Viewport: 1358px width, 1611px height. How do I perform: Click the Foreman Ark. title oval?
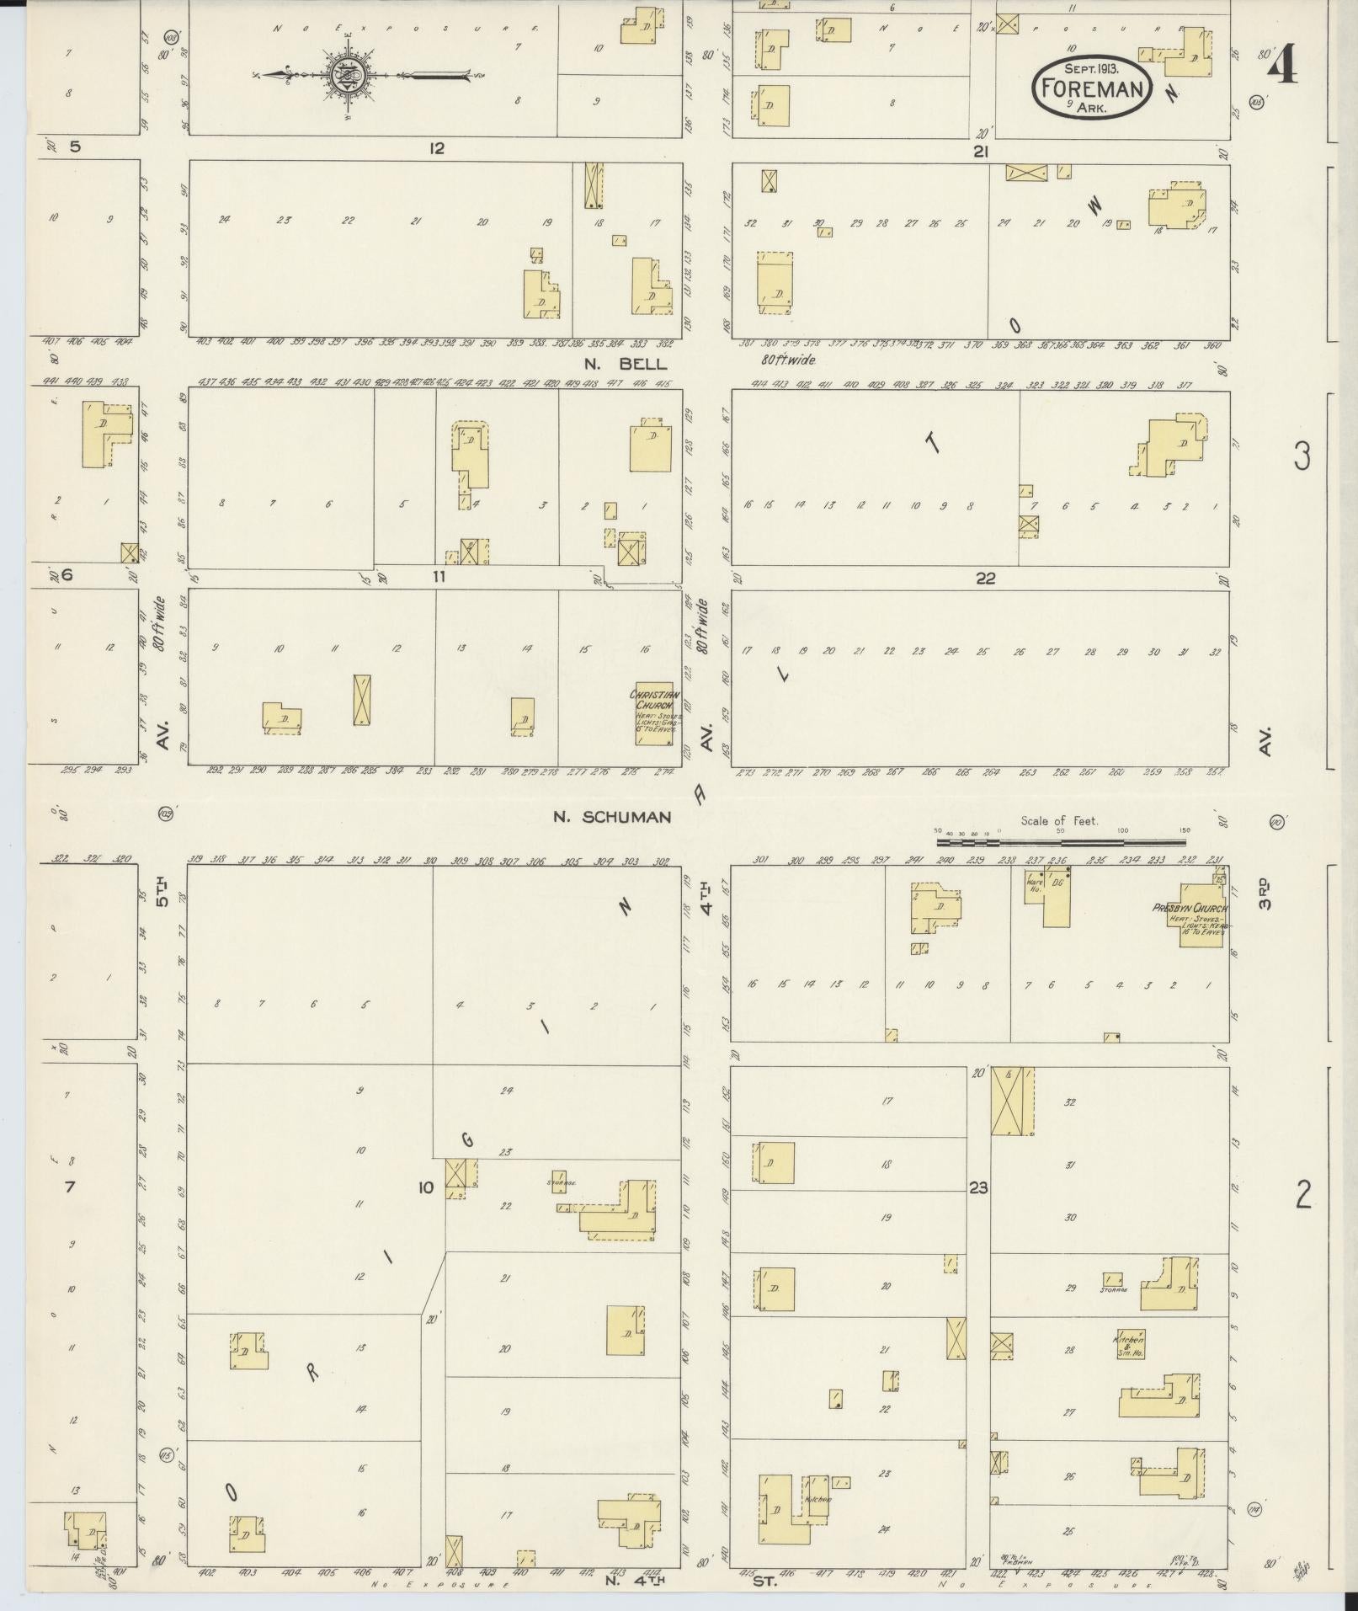[1092, 87]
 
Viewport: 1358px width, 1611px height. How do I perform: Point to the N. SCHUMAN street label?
[612, 817]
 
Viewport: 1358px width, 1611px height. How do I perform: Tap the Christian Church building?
[654, 712]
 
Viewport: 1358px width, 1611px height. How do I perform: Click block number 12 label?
[435, 149]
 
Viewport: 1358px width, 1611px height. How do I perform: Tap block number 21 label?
[980, 152]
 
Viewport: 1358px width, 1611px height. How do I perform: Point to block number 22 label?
[985, 579]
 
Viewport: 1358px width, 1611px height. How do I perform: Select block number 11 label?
[438, 577]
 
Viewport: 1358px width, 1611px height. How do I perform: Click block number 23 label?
[977, 1188]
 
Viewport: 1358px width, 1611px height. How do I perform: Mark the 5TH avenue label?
[162, 893]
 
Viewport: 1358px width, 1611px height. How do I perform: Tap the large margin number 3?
[1302, 456]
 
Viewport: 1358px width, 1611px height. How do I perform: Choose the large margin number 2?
[1302, 1194]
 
